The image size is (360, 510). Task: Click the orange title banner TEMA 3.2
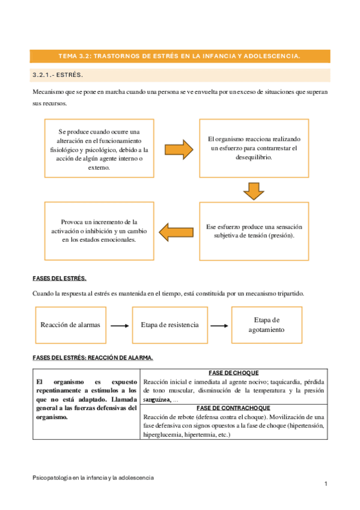tap(180, 56)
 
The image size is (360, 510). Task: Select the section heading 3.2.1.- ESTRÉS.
tap(57, 75)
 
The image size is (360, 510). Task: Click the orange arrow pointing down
tap(254, 190)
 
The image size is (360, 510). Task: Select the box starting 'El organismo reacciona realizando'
tap(254, 148)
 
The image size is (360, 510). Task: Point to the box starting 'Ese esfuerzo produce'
tap(254, 231)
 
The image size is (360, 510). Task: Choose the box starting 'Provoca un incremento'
tap(99, 231)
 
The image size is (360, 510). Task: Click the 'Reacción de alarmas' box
tap(70, 325)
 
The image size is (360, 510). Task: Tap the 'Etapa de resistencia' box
tap(169, 325)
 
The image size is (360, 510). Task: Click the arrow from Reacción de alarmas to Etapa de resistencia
tap(120, 325)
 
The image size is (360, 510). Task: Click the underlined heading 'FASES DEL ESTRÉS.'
tap(59, 278)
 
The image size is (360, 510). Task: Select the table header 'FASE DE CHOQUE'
tap(233, 373)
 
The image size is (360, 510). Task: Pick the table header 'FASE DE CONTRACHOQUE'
tap(233, 408)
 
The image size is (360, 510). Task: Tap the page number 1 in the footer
tap(325, 484)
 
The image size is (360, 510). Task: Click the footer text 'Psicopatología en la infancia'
tap(93, 477)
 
